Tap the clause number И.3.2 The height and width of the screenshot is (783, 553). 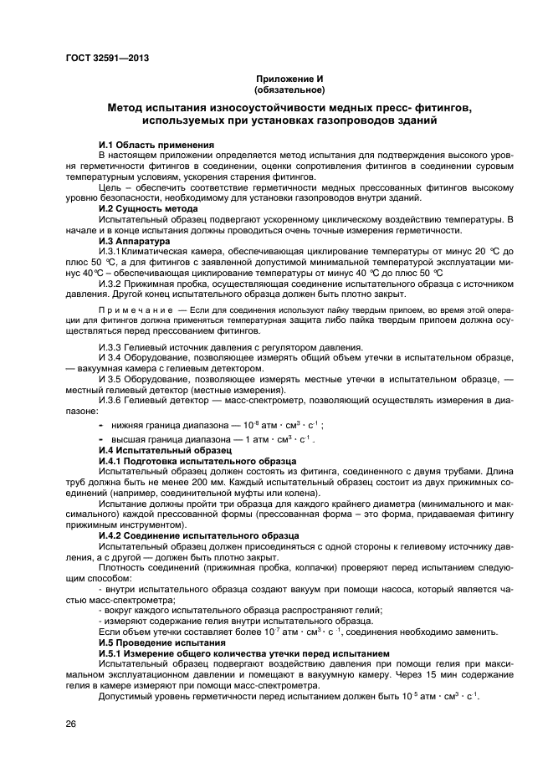pos(110,284)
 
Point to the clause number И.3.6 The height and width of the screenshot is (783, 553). pos(110,400)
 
